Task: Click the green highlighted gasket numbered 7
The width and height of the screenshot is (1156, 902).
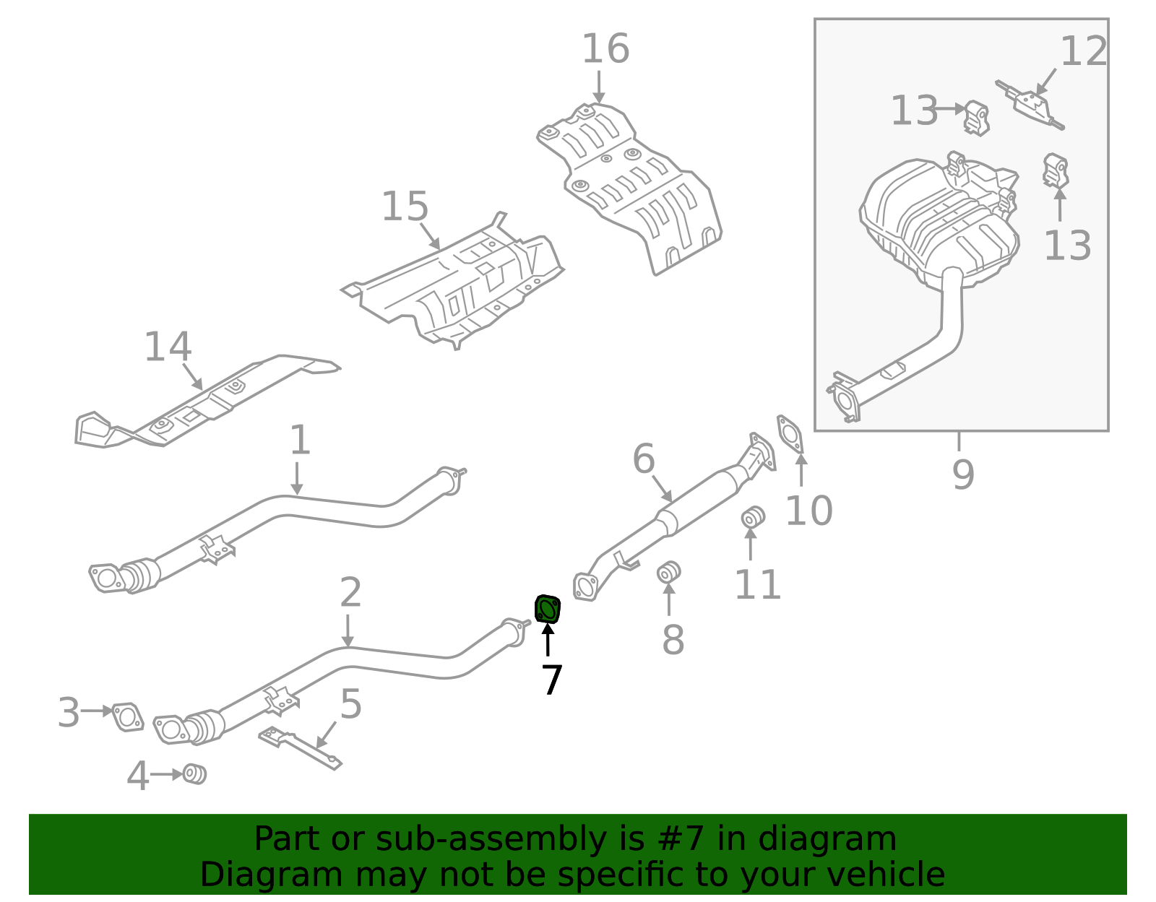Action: pos(548,610)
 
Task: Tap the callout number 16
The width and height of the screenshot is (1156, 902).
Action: pos(605,49)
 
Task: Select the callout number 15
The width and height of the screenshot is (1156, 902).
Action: pos(405,207)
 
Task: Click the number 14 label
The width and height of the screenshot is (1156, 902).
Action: pos(168,347)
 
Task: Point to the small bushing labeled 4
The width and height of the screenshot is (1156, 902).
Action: pos(194,774)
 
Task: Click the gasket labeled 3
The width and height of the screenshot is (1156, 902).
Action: pos(128,717)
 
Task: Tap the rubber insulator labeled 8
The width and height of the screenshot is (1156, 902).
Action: pos(668,573)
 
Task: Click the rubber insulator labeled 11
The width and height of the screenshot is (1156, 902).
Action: pos(752,517)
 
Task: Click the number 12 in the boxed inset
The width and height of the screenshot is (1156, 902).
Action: pos(1083,52)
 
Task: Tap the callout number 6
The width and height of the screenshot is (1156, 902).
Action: pos(643,459)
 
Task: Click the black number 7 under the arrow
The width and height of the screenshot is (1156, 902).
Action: pos(551,680)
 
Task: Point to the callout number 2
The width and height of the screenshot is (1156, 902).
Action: pos(350,593)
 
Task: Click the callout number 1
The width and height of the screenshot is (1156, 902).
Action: pos(300,440)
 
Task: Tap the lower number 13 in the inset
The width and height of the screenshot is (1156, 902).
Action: pos(1066,246)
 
